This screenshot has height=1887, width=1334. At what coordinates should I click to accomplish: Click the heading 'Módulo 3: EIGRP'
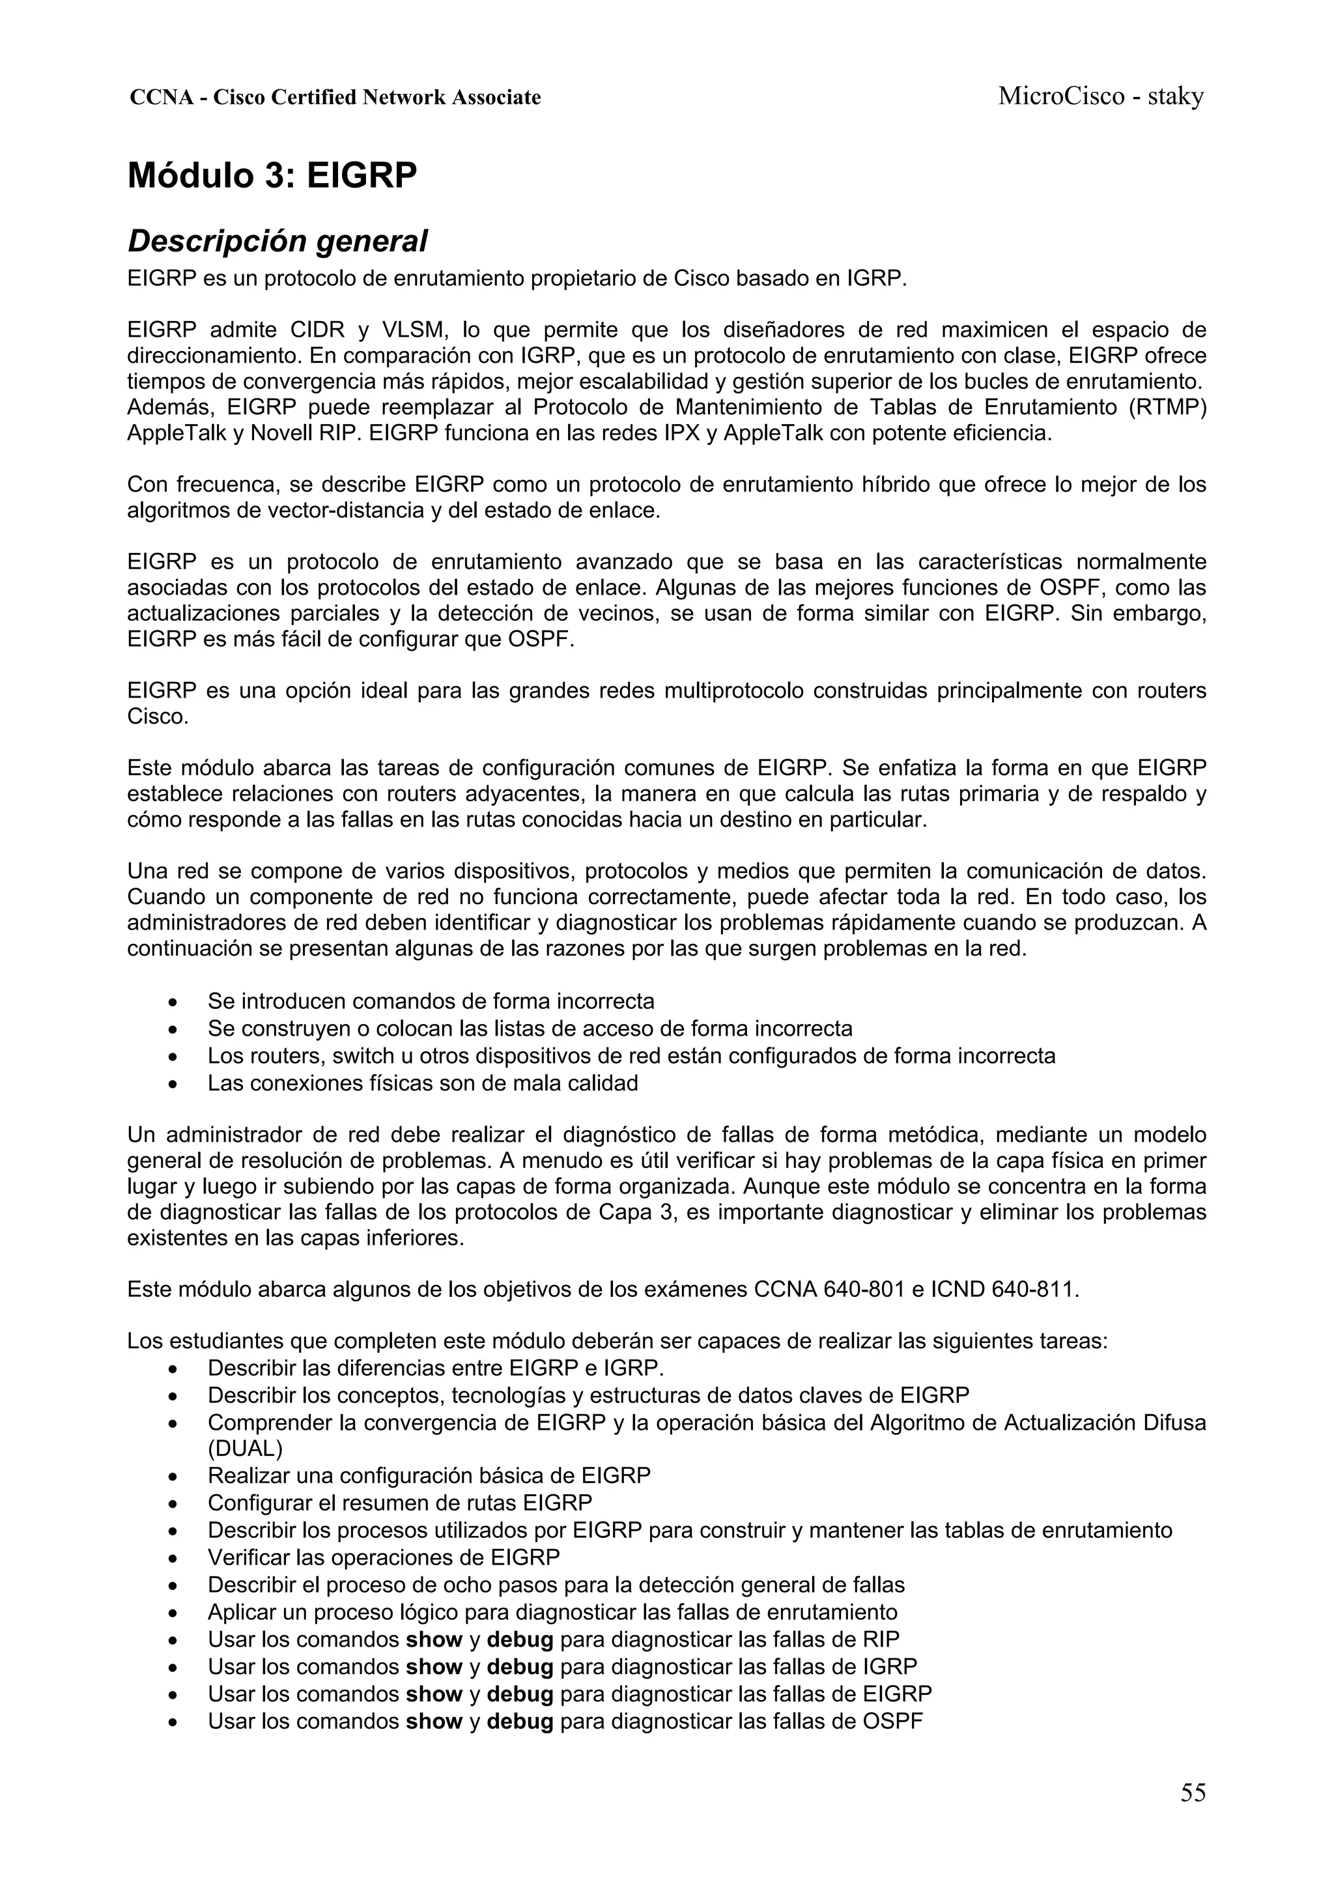[272, 176]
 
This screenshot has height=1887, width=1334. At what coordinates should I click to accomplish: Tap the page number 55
[1193, 1792]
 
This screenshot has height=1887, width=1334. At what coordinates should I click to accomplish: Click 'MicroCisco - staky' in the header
[1101, 97]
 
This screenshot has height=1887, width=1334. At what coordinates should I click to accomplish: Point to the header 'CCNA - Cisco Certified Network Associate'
[335, 98]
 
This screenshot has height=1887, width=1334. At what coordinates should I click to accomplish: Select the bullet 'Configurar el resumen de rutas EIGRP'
[399, 1502]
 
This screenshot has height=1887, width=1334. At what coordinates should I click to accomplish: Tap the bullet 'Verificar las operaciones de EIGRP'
[383, 1557]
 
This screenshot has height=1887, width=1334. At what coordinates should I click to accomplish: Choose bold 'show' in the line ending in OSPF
[434, 1720]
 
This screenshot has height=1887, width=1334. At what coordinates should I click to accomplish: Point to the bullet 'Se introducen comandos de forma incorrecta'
[431, 1001]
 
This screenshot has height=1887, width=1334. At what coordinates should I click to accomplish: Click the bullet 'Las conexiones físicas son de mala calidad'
[423, 1083]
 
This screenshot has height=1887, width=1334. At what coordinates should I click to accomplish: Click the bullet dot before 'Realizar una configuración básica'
[172, 1477]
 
